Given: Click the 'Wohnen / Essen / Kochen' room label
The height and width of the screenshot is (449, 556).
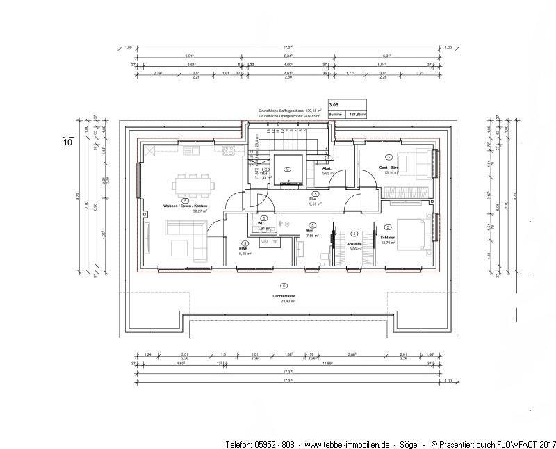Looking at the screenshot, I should coord(185,206).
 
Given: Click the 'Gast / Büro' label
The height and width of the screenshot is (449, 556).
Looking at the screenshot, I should coord(389,168).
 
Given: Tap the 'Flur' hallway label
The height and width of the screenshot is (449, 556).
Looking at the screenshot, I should coord(313,199).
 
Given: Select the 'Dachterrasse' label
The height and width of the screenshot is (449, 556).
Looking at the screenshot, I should coord(284,295).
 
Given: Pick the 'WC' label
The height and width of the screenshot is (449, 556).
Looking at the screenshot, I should coord(260,223).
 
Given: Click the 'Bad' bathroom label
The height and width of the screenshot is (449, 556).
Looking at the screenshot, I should coord(311,230).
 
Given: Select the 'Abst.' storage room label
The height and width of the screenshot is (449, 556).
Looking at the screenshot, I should coord(327,168).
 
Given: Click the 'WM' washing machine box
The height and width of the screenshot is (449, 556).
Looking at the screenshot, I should coord(265,241).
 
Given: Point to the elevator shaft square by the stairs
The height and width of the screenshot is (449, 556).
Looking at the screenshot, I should coord(287,169).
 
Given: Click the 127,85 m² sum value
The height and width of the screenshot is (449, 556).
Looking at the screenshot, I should coord(357,114).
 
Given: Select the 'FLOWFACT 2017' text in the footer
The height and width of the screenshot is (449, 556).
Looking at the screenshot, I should coord(528,443).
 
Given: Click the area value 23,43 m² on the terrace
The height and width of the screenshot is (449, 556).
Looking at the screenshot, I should coord(284,301).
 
